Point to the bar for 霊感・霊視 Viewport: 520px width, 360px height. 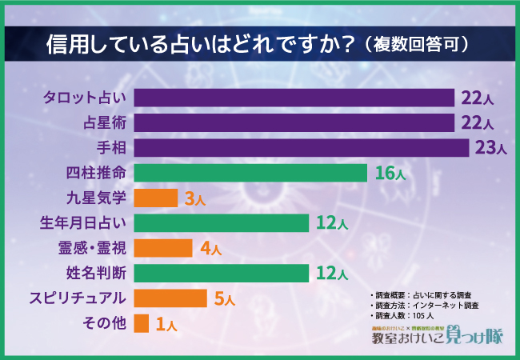click(163, 248)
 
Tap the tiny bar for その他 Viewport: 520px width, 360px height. click(142, 323)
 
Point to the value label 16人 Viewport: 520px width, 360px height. click(390, 173)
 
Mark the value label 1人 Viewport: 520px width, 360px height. click(166, 324)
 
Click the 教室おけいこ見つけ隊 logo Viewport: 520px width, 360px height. click(436, 337)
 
